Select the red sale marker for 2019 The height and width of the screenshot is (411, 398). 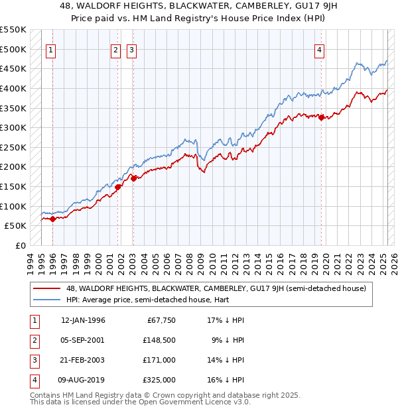(x=321, y=118)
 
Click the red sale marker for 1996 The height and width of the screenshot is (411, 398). (x=52, y=219)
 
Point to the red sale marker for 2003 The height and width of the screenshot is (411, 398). (x=133, y=178)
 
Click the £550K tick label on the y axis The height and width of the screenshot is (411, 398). (x=13, y=30)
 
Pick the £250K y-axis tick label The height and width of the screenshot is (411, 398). (x=13, y=148)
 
